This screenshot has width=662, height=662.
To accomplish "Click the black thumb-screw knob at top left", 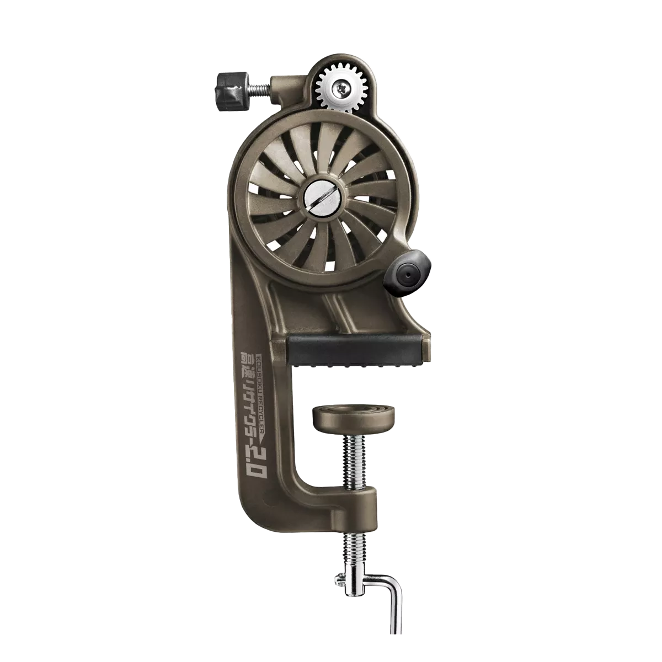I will point(227,87).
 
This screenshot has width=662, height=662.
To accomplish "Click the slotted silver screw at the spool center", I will point(321,197).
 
